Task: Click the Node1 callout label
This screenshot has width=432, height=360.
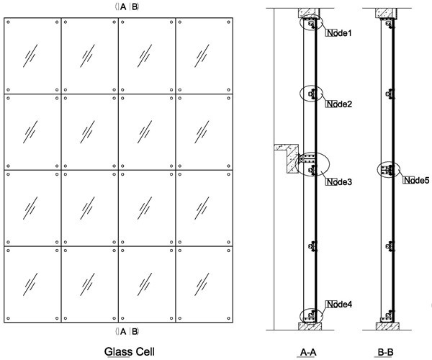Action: point(339,34)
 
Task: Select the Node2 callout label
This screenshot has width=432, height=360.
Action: point(339,105)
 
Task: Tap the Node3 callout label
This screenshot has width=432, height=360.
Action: point(339,182)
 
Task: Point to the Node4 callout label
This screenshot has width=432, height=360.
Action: point(339,305)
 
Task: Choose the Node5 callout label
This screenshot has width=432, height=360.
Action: point(416,180)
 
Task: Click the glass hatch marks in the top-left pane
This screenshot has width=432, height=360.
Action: point(32,55)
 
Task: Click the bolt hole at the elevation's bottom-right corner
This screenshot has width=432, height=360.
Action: point(229,318)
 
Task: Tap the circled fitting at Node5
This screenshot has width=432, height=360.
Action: point(389,171)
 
